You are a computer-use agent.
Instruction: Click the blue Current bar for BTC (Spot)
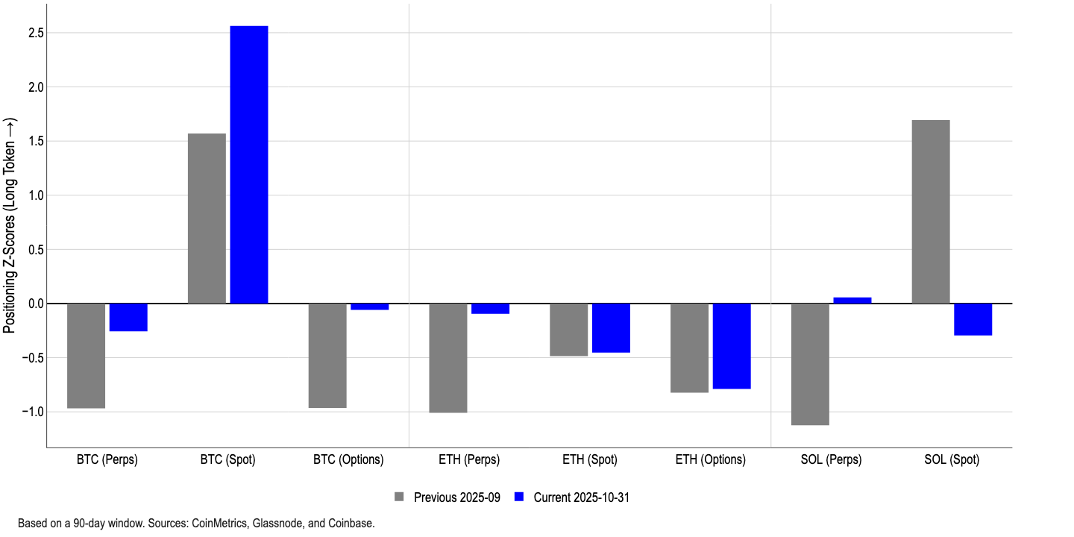click(x=249, y=164)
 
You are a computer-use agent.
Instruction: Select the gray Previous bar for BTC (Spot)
click(x=207, y=219)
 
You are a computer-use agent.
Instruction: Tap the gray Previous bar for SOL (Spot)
click(x=931, y=212)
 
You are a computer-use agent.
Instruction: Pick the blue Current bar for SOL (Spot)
click(x=973, y=319)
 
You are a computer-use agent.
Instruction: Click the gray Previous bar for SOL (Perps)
click(x=810, y=364)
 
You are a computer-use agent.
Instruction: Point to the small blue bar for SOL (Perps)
click(x=852, y=301)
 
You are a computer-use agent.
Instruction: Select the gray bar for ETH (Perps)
click(x=448, y=358)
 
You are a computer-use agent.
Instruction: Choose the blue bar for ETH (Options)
click(x=732, y=346)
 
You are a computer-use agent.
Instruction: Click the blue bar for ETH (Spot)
click(x=611, y=328)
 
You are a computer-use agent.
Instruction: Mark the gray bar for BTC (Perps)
click(x=87, y=356)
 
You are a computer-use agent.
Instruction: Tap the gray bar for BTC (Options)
click(x=327, y=356)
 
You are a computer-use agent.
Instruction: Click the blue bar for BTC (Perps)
click(x=128, y=317)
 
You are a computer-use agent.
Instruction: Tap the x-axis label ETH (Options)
click(x=710, y=460)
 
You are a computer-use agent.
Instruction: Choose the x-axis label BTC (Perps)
click(x=107, y=460)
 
